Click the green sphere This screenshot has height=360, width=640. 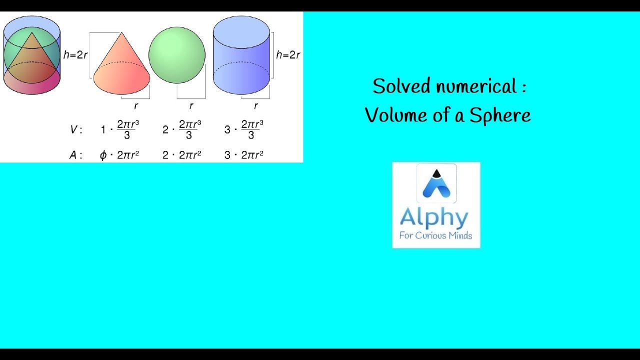(x=177, y=55)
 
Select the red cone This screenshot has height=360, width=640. (x=121, y=67)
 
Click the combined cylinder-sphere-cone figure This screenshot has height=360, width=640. (x=32, y=55)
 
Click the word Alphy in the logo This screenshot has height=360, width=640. (x=434, y=218)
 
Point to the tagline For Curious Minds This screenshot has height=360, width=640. (x=435, y=235)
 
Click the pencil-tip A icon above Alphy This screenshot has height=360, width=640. (x=436, y=183)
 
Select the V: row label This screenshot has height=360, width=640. (x=74, y=130)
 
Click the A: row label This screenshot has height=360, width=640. (x=74, y=155)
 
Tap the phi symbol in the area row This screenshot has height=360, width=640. (x=103, y=155)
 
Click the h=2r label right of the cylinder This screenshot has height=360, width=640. (x=288, y=55)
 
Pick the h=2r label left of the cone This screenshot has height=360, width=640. (x=75, y=55)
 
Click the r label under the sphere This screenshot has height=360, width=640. (x=191, y=106)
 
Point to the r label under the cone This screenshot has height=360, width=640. (x=135, y=106)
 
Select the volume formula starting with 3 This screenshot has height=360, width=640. (x=244, y=129)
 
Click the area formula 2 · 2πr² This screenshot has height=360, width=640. (x=182, y=155)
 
